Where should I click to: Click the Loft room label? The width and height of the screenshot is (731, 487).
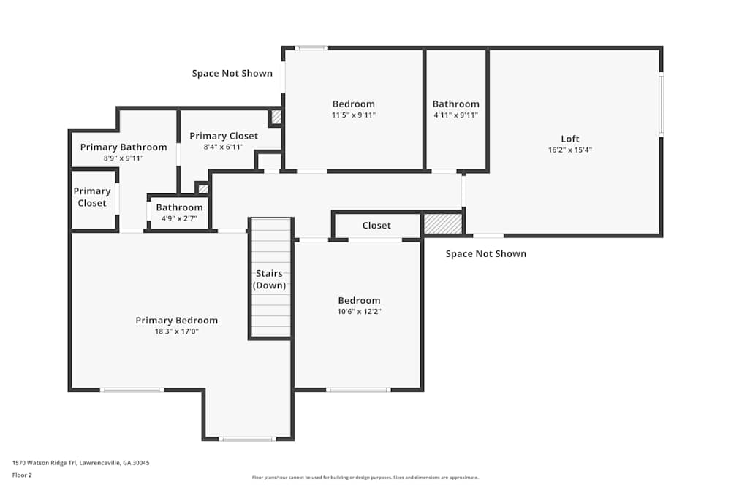coord(569,139)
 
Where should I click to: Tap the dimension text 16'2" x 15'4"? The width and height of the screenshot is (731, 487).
coord(569,150)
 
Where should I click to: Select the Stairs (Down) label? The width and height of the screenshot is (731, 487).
coord(269,280)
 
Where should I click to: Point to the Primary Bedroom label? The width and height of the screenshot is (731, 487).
coord(177,321)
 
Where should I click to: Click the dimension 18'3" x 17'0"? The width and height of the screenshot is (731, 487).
coord(177,331)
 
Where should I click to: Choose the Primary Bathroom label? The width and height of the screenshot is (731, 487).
coord(124,147)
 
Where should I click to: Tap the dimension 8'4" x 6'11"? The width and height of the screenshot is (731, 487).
coord(224,147)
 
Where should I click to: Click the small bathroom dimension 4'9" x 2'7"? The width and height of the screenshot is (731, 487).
coord(180,218)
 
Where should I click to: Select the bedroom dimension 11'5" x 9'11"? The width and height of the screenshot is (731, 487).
coord(353,115)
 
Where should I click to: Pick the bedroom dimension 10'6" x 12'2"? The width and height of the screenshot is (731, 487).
coord(359,312)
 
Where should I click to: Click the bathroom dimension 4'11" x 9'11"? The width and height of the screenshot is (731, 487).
coord(456,115)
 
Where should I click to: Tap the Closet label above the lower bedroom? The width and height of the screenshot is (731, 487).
coord(376,226)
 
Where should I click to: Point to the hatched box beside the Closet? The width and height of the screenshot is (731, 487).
coord(442,224)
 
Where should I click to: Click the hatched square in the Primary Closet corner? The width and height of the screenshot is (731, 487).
coord(276,117)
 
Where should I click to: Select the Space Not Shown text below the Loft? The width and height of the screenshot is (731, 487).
coord(486,254)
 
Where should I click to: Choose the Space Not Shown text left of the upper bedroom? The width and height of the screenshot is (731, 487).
coord(232,73)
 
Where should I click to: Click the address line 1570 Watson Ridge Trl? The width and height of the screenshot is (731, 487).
coord(81,463)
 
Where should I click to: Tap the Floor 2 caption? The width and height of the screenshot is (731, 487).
coord(22,475)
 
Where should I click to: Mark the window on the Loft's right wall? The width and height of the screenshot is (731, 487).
coord(661,104)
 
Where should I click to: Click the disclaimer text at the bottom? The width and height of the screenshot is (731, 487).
coord(365,478)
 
